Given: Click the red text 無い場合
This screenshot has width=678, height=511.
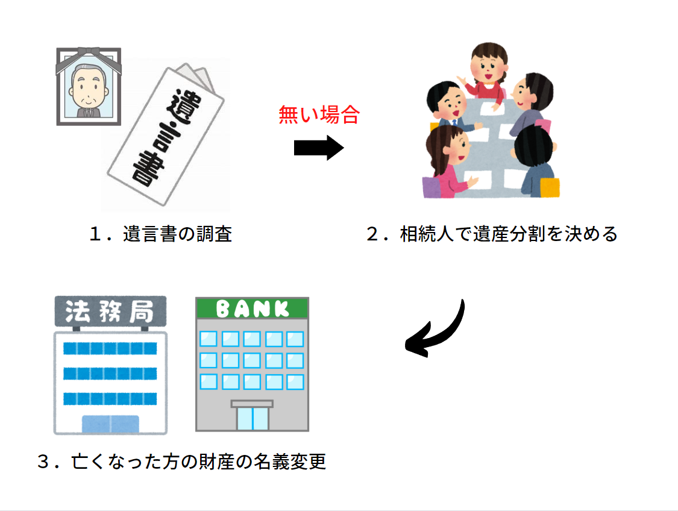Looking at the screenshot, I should click(319, 114).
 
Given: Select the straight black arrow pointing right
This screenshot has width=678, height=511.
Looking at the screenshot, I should click(318, 148).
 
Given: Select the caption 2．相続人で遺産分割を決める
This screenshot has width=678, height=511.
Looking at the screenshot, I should click(492, 234).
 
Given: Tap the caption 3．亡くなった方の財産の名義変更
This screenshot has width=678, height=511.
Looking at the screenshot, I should click(181, 462).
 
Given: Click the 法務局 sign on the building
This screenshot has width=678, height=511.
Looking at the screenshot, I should click(110, 312).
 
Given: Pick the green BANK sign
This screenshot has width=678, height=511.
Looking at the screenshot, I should click(252, 309).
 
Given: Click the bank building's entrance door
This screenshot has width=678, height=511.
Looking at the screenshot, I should click(252, 418).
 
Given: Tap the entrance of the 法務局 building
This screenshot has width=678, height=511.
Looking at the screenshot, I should click(110, 424).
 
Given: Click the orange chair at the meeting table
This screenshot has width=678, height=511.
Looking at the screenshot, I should click(548, 187).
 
